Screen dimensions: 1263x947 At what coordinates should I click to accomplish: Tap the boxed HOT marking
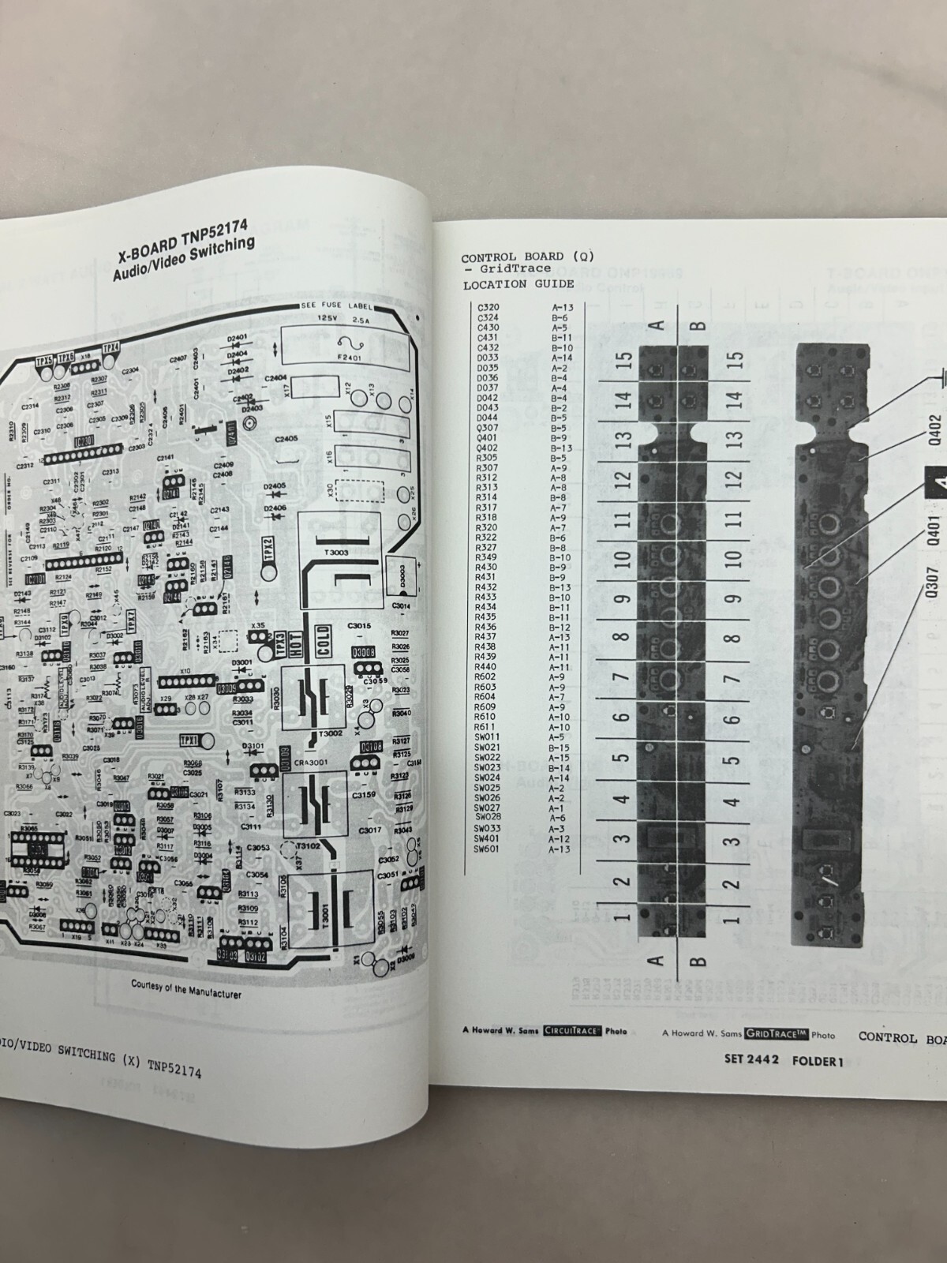[x=295, y=646]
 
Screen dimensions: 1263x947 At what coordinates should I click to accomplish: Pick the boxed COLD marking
[x=322, y=646]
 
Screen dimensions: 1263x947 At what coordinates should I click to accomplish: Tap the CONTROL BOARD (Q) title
[x=526, y=257]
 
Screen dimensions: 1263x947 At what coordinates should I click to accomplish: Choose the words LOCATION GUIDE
[x=518, y=284]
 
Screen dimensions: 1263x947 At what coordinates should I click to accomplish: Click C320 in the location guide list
[x=488, y=307]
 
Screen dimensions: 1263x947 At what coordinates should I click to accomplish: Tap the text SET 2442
[x=752, y=1060]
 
